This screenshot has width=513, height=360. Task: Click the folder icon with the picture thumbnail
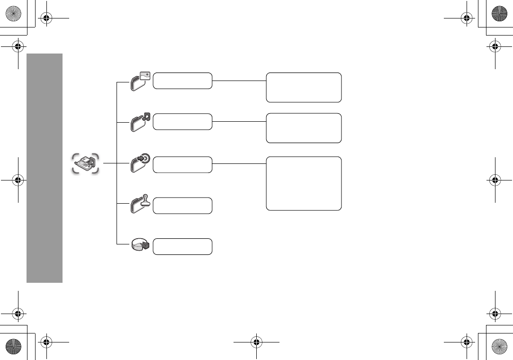(140, 81)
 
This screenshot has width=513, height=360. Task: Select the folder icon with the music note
(140, 122)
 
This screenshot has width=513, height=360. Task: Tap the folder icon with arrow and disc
(140, 164)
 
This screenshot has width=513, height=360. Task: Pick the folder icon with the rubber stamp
(140, 205)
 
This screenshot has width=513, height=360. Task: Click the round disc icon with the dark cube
(140, 246)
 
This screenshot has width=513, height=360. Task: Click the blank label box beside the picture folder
(183, 81)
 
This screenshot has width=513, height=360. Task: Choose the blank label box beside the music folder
(183, 122)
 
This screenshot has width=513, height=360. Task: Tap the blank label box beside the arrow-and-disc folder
(183, 164)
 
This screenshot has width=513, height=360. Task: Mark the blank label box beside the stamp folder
(183, 206)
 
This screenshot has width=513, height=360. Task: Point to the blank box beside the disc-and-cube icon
(183, 246)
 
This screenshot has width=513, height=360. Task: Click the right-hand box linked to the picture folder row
(304, 87)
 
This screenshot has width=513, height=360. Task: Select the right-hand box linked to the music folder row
(304, 128)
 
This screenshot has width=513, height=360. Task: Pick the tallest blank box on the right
(304, 183)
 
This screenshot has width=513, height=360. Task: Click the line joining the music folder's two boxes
(239, 121)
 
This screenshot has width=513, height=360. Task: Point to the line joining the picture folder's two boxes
(239, 81)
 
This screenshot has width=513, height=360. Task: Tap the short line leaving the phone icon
(109, 163)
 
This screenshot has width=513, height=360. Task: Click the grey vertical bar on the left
(45, 168)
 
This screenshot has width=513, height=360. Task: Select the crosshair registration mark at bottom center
(256, 342)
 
